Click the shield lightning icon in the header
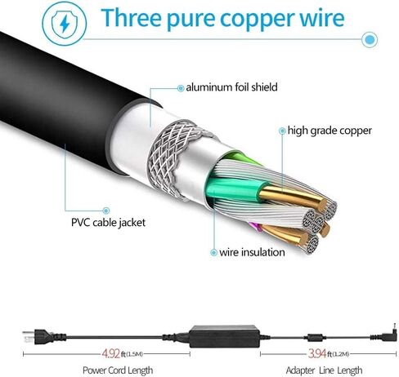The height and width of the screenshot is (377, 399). [x=65, y=23]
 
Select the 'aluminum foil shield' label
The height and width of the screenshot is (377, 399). [x=231, y=87]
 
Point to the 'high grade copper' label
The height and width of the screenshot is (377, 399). [x=330, y=131]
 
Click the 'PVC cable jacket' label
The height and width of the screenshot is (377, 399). [x=108, y=223]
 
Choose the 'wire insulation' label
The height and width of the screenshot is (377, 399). [x=252, y=252]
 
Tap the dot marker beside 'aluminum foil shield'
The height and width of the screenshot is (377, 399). [x=181, y=88]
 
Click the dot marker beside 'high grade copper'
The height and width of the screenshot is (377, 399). [x=282, y=131]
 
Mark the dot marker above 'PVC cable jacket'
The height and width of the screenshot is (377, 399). [x=106, y=211]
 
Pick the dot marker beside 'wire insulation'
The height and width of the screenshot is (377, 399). [x=213, y=252]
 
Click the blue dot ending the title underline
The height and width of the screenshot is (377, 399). [x=370, y=40]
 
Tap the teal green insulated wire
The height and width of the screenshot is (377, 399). [x=235, y=187]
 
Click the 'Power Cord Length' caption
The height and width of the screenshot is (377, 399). [x=118, y=370]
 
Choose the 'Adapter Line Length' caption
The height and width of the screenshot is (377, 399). [x=324, y=370]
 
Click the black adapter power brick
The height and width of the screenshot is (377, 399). [x=224, y=336]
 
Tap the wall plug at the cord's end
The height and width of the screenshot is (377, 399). [x=44, y=337]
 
